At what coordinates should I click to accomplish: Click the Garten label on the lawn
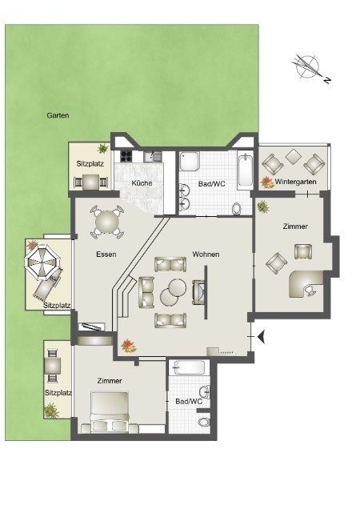(58, 115)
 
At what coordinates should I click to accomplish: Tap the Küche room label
(142, 183)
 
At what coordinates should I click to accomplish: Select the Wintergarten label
(295, 182)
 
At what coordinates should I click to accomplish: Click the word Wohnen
(206, 254)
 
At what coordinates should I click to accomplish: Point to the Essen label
(106, 254)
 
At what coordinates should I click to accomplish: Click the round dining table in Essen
(107, 222)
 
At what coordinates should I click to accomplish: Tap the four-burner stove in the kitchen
(126, 157)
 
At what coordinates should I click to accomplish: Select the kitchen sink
(153, 157)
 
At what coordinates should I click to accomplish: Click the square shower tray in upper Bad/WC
(191, 161)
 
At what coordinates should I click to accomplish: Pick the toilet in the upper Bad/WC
(237, 209)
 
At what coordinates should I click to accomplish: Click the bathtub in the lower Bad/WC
(189, 368)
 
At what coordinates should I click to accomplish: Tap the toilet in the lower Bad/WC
(204, 423)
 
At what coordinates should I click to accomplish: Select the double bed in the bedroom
(110, 412)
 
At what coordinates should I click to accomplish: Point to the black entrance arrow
(262, 337)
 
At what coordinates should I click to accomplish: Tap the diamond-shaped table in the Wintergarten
(294, 157)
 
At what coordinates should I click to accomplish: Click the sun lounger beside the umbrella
(46, 286)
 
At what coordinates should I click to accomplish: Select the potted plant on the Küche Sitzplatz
(103, 149)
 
